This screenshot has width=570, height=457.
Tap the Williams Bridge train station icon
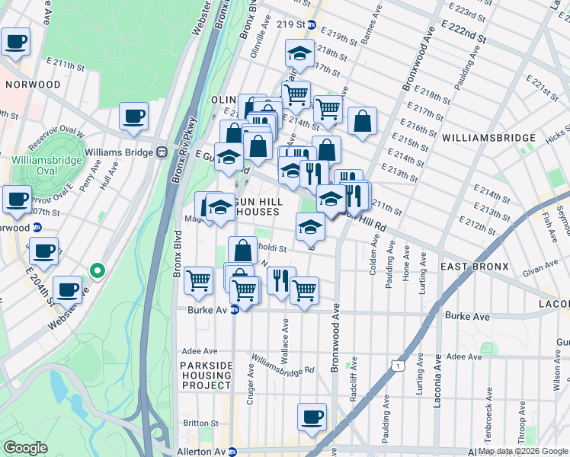pos(162,152)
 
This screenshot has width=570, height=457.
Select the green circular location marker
pos(97,270)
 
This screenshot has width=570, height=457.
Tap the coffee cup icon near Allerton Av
pos(312,417)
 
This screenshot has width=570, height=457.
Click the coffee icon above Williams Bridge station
pos(134,116)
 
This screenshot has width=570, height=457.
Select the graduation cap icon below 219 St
pos(299,53)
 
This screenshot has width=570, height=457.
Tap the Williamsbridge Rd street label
pos(283,366)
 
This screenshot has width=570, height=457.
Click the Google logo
pos(25,448)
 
